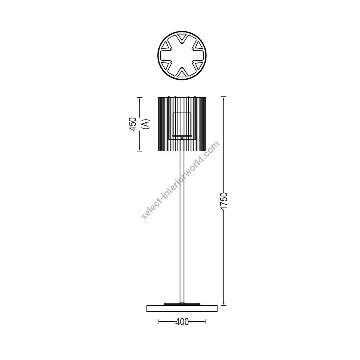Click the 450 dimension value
133,124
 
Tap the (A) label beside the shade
146,124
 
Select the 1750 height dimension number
224,201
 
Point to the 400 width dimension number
182,322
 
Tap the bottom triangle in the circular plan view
182,74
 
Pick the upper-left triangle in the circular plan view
165,46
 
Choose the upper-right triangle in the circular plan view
198,46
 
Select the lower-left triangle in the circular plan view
165,65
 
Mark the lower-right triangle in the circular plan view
198,65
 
